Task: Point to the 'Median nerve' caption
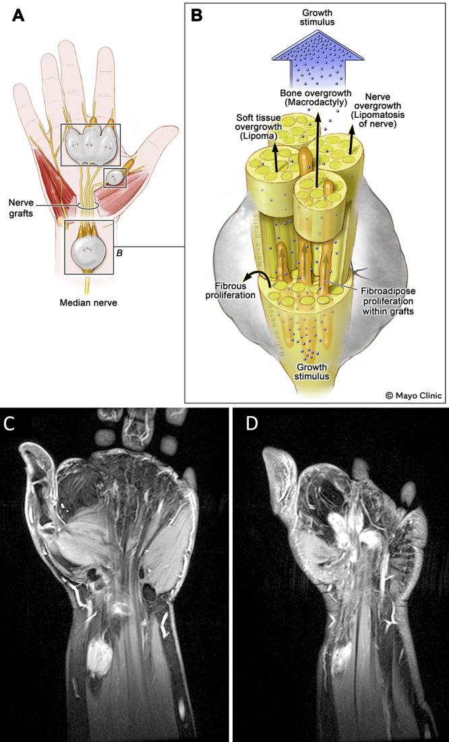[x=89, y=303]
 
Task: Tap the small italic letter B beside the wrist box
[x=119, y=253]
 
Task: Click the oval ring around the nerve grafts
[x=88, y=204]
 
